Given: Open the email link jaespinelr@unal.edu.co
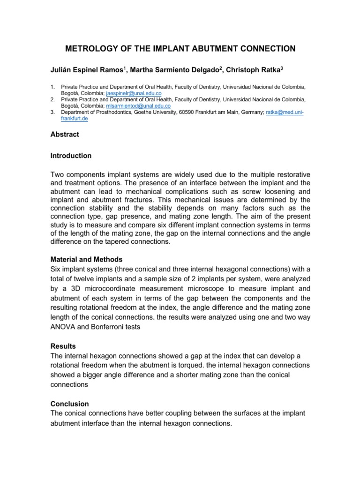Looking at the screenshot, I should pyautogui.click(x=134, y=93).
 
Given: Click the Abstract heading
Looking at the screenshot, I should pyautogui.click(x=65, y=135).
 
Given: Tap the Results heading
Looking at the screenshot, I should pyautogui.click(x=63, y=346).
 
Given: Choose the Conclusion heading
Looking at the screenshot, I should pyautogui.click(x=69, y=404).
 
